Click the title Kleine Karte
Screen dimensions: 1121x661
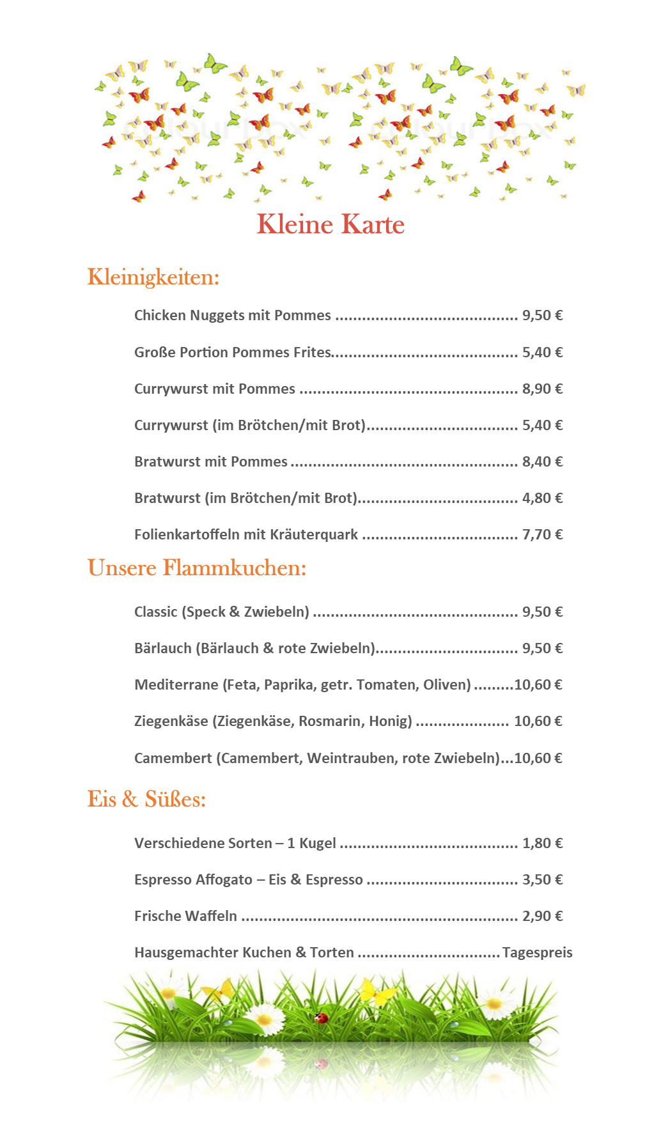coord(330,224)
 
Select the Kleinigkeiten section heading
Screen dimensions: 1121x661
coord(153,277)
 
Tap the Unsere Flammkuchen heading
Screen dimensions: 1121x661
coord(197,568)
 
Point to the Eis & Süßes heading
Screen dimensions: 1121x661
coord(146,799)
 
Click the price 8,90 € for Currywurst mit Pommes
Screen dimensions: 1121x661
coord(542,389)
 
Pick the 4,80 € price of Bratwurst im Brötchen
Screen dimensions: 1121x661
coord(542,498)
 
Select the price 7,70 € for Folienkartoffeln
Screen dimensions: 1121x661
coord(542,534)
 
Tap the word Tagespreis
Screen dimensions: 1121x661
coord(537,952)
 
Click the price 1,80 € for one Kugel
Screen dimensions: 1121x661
coord(542,843)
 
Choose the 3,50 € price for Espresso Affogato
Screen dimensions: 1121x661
coord(542,879)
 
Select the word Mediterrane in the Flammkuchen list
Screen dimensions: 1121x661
coord(176,684)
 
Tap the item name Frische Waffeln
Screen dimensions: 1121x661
coord(185,916)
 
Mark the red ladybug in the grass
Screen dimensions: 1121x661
coord(321,1017)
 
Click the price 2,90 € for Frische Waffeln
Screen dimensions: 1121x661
coord(542,916)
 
